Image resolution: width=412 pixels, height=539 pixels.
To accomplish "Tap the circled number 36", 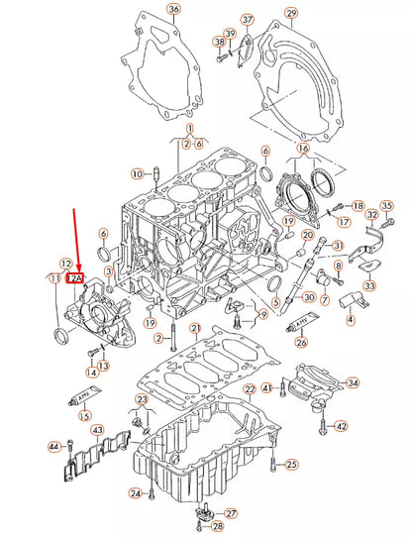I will [173, 10].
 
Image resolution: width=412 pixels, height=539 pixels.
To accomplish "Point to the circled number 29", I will [290, 13].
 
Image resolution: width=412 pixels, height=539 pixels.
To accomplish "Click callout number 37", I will [247, 20].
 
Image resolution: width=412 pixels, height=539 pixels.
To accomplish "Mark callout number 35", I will [387, 205].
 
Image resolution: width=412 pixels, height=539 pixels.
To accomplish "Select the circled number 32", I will [371, 214].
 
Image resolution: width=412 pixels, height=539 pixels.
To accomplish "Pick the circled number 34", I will [354, 382].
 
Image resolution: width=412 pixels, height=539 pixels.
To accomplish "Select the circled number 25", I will [290, 464].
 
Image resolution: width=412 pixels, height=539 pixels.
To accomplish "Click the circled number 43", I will [97, 430].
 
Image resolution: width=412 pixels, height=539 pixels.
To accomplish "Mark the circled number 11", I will [52, 280].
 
